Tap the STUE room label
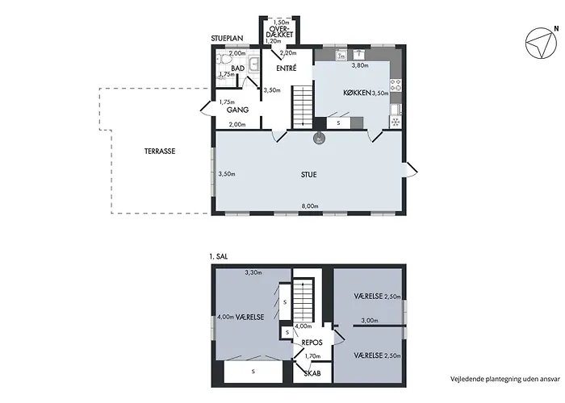309,175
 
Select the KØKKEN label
357,93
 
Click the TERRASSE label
160,152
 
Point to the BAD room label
238,69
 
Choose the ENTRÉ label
287,68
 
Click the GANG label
237,110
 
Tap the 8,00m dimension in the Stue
310,206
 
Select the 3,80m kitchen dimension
360,65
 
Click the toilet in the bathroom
224,60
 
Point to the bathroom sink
254,64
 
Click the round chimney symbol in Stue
319,139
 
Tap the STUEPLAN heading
227,38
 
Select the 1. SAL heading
219,257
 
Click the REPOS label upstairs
312,343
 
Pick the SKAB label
312,374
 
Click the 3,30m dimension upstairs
253,272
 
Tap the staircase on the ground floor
303,107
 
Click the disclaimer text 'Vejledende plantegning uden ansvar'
505,379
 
